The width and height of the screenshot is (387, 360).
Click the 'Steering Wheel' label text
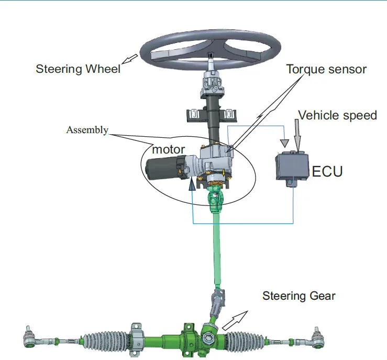click(x=78, y=69)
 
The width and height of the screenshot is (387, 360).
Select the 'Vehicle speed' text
click(x=337, y=115)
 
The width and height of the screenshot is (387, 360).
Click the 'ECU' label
click(x=327, y=171)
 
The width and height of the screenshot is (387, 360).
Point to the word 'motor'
click(x=168, y=149)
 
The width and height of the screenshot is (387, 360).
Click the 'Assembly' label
click(x=87, y=130)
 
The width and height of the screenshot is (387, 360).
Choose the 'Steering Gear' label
click(x=298, y=296)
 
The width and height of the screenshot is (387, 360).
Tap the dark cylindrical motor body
click(x=162, y=169)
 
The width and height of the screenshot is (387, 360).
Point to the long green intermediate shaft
click(x=216, y=252)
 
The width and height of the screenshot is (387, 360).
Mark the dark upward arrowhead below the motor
click(x=193, y=182)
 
